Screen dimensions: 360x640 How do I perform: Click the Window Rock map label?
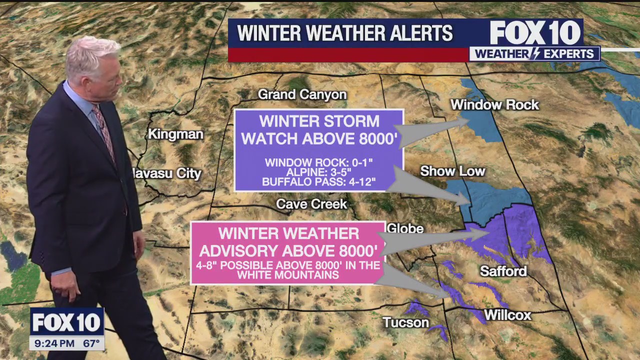494,105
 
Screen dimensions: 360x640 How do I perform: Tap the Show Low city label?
452,171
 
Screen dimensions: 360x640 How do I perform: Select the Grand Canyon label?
302,94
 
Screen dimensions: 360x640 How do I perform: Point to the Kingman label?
175,134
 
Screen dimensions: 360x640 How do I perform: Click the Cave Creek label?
311,204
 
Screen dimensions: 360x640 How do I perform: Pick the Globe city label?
405,228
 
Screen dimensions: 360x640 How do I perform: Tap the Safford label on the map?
503,271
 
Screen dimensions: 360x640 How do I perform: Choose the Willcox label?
507,315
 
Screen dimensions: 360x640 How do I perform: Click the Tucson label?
405,322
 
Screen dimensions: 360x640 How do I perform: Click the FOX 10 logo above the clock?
66,322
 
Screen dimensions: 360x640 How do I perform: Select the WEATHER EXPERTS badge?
534,54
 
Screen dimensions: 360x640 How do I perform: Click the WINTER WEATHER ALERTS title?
345,33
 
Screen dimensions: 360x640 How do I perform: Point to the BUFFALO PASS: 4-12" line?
318,182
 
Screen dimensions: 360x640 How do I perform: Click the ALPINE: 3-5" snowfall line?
318,172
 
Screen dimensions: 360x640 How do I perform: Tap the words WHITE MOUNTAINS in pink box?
287,275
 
